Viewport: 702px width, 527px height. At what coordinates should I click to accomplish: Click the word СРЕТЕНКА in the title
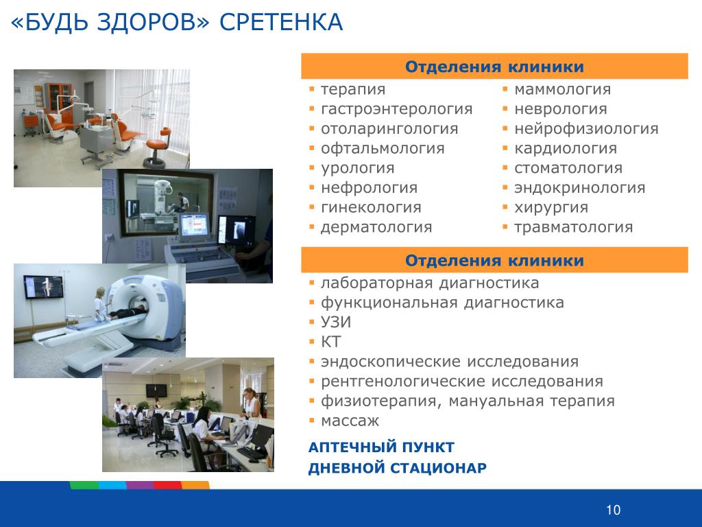(281, 23)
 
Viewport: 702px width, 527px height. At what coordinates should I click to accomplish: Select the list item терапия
(353, 90)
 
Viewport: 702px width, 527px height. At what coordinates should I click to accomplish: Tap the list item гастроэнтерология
(397, 109)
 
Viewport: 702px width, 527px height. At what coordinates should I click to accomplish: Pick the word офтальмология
(383, 149)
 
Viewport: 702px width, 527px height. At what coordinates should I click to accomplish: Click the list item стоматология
(568, 168)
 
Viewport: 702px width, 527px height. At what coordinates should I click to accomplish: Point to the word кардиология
(566, 149)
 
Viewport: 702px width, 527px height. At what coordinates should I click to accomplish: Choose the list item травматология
(574, 227)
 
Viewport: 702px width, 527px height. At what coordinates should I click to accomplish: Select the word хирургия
(551, 208)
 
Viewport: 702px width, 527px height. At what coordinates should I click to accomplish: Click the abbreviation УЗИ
(336, 323)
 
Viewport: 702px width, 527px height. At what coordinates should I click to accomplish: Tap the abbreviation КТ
(331, 342)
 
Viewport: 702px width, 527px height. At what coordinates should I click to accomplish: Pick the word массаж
(350, 421)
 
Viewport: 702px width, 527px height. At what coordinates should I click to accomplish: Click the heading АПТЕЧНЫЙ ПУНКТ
(381, 447)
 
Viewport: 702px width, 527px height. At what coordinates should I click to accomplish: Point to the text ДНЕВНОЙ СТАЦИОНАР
(398, 468)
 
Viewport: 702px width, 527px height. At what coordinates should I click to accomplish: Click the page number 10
(614, 510)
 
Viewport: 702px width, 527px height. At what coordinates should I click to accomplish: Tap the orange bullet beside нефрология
(312, 188)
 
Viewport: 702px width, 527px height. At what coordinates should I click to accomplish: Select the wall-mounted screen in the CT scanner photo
(43, 287)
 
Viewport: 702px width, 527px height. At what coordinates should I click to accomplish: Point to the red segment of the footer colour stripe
(167, 485)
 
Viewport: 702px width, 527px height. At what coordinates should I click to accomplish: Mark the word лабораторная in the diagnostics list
(377, 283)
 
